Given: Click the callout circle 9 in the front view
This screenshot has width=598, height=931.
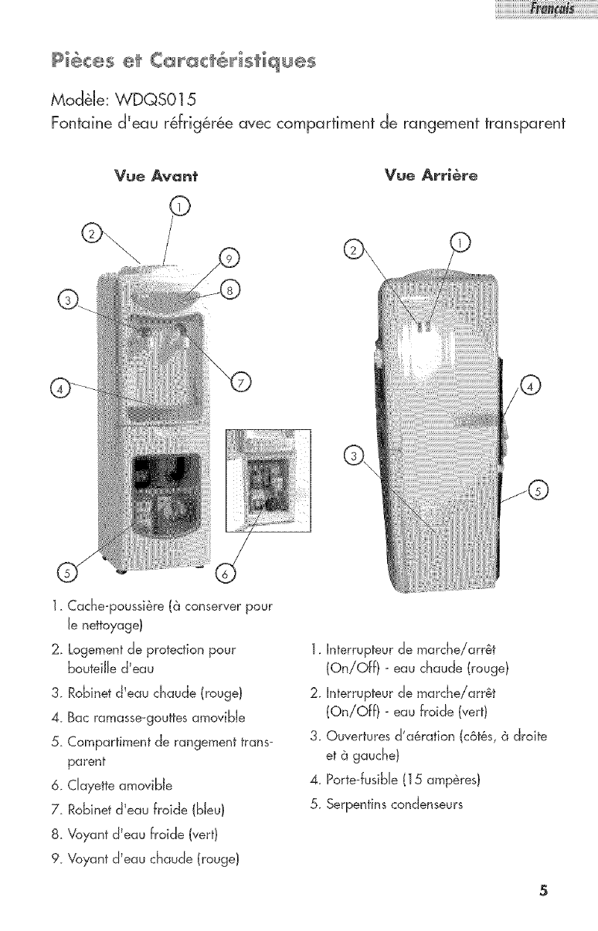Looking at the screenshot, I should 229,258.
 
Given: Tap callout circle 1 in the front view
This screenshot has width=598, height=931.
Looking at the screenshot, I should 178,206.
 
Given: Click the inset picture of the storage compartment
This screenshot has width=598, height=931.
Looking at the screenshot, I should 267,480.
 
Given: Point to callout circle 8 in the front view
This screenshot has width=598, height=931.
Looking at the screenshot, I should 229,289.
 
